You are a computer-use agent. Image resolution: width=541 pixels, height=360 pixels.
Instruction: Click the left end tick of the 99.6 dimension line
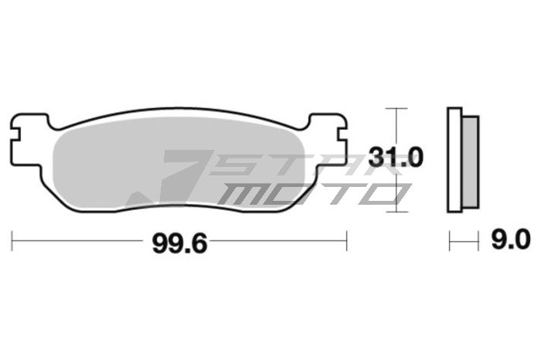12,241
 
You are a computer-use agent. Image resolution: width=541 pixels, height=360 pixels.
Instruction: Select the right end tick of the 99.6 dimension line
345,241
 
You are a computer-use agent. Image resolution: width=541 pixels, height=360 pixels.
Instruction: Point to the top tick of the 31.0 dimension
396,107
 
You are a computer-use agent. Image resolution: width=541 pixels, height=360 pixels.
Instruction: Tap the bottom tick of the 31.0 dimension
396,209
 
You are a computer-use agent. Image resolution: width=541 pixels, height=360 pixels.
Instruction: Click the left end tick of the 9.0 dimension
449,241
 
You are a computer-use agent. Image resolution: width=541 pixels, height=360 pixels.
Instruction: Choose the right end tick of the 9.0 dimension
479,241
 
